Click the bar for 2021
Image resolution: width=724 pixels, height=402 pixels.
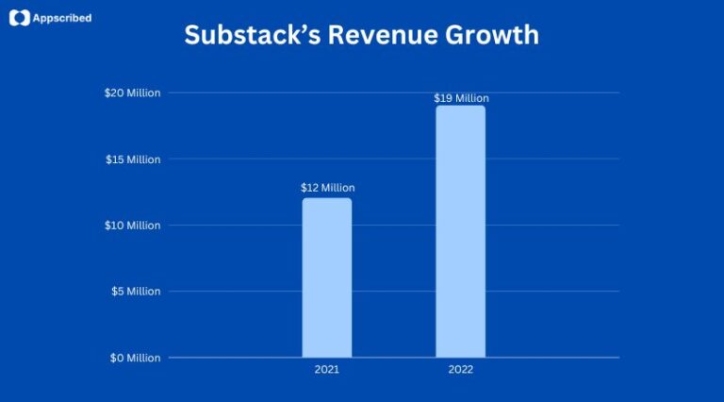[327, 278]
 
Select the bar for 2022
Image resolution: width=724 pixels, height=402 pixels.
[460, 231]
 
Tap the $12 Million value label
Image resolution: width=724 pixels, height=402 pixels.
[327, 188]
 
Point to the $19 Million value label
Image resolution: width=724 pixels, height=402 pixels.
[461, 98]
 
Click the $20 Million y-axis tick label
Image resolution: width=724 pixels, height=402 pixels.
[132, 92]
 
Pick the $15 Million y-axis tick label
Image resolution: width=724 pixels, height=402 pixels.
[132, 159]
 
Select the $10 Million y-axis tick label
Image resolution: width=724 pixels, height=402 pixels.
[132, 226]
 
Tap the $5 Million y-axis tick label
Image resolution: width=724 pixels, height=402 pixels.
[135, 292]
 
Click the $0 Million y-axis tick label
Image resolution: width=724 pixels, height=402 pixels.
[135, 358]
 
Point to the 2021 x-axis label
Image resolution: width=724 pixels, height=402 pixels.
[327, 370]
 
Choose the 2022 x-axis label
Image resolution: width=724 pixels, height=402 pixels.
[461, 370]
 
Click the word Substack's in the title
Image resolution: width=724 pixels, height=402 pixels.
[239, 35]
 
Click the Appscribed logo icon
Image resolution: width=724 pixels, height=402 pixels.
[20, 17]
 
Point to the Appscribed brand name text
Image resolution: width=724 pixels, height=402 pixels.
[62, 17]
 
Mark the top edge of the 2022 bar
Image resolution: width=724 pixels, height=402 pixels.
[460, 106]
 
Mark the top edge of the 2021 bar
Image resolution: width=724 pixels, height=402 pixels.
[327, 198]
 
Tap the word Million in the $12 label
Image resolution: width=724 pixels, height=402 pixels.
[337, 188]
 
